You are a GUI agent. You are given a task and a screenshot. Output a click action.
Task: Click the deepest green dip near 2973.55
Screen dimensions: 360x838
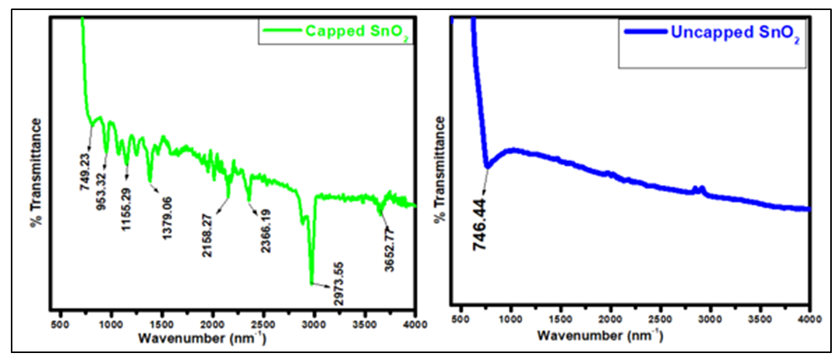(x=312, y=283)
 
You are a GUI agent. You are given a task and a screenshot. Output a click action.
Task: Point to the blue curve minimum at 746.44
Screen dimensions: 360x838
(x=487, y=166)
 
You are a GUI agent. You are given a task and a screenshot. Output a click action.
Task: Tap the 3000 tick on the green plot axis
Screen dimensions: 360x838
(x=314, y=323)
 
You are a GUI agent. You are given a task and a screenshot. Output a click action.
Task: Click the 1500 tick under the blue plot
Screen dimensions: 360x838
(x=561, y=319)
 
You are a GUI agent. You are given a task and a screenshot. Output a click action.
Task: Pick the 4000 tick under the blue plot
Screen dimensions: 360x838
(x=809, y=319)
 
